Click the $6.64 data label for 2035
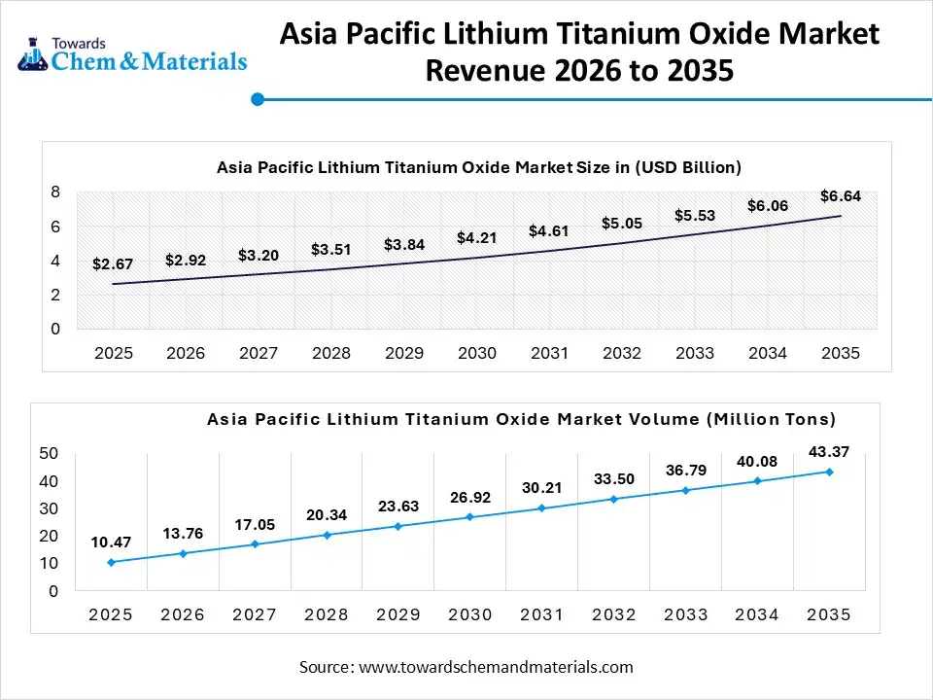pos(840,195)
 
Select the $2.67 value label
pos(112,263)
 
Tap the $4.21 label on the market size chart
pos(476,237)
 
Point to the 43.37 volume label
pos(829,452)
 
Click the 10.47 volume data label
pos(111,542)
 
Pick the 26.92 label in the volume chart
pos(470,498)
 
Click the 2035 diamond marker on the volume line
pos(829,472)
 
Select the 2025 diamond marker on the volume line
pos(111,562)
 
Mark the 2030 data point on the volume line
pos(470,516)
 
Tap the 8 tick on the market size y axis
pos(55,192)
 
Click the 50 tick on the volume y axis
pos(49,453)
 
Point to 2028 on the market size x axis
pos(331,353)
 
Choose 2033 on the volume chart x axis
pos(686,614)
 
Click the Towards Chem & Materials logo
pos(132,55)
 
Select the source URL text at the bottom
pos(466,667)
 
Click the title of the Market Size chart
pos(478,167)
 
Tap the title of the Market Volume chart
pos(521,419)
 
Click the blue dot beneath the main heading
pos(258,99)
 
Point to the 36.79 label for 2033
pos(686,471)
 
